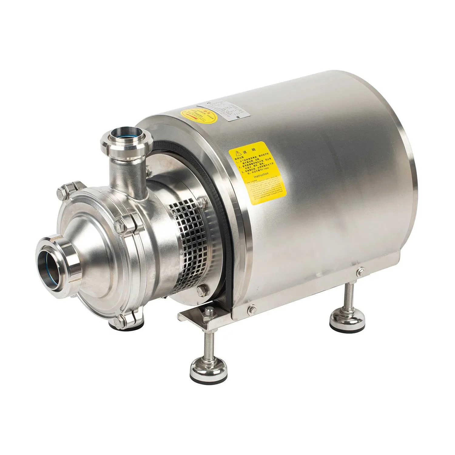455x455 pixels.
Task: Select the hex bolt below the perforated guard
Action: pyautogui.click(x=201, y=290)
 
